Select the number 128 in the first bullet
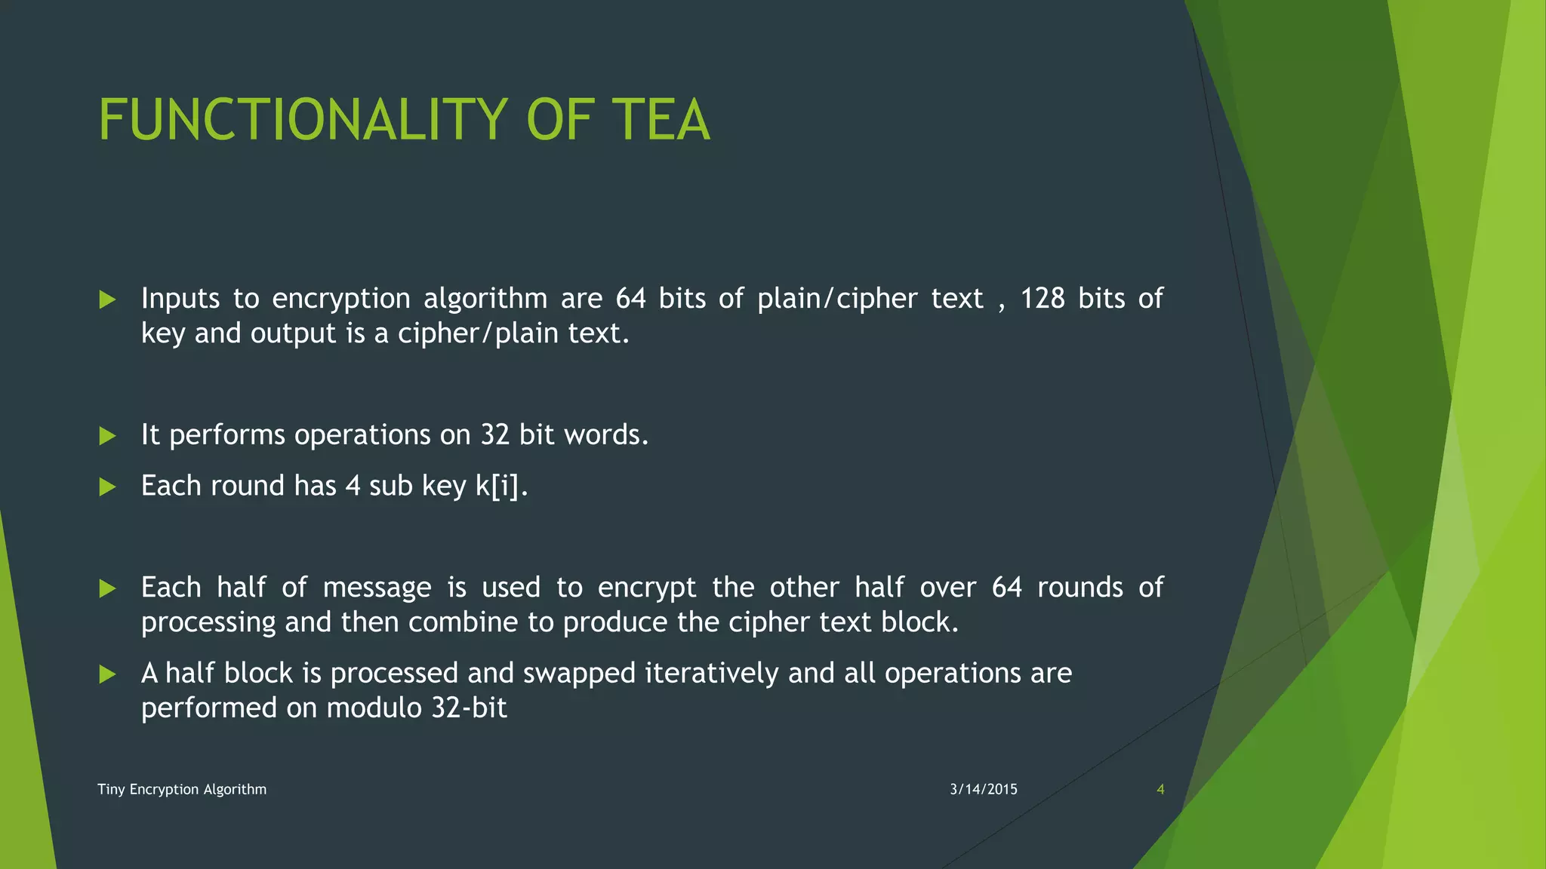(x=1042, y=299)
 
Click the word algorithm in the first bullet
(x=485, y=299)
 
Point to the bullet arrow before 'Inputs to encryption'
(x=107, y=300)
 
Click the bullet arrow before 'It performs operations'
(x=107, y=436)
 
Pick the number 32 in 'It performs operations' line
(x=495, y=435)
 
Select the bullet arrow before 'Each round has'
(x=107, y=487)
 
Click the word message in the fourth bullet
(x=377, y=588)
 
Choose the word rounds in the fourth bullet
(x=1079, y=588)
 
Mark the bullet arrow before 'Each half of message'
(x=107, y=588)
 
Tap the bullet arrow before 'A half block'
(x=107, y=674)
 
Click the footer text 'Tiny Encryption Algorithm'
(x=182, y=790)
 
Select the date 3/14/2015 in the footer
(x=984, y=790)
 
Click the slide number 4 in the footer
(x=1160, y=790)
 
